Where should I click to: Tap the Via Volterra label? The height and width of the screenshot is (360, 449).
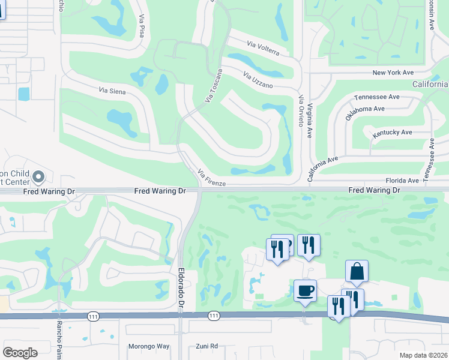264,48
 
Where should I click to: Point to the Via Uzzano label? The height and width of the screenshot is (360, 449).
258,79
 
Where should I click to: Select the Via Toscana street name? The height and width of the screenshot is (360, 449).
212,85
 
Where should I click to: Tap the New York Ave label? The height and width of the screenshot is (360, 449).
393,73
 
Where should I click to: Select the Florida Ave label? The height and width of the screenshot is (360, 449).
402,180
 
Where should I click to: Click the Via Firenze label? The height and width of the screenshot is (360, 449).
211,178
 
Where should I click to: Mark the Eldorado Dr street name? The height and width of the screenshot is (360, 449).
181,289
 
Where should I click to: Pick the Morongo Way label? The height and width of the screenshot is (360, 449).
149,346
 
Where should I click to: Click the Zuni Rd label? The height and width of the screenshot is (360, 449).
206,346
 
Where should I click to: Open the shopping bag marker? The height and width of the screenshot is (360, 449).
357,272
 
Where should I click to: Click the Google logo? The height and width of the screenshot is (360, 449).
20,353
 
